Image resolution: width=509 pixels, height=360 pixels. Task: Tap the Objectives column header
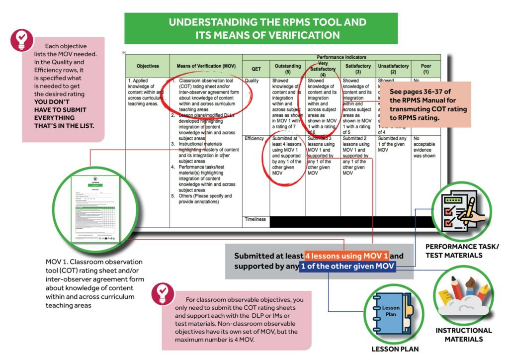tap(148, 66)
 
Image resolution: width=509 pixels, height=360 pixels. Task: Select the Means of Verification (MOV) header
tap(206, 66)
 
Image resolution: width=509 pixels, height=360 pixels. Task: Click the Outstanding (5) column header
tap(288, 69)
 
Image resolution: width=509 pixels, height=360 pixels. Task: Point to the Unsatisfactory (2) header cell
tap(393, 69)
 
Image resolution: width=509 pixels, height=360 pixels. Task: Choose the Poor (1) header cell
tap(425, 69)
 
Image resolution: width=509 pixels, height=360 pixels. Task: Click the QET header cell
tap(256, 69)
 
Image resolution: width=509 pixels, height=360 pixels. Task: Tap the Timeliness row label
tap(255, 219)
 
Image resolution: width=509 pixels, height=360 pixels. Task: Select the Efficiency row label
tap(254, 139)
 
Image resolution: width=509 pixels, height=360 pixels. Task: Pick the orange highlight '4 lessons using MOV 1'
tap(346, 256)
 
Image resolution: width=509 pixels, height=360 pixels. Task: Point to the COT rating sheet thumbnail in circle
tap(97, 207)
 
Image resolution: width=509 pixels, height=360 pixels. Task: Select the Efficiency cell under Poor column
tap(425, 147)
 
